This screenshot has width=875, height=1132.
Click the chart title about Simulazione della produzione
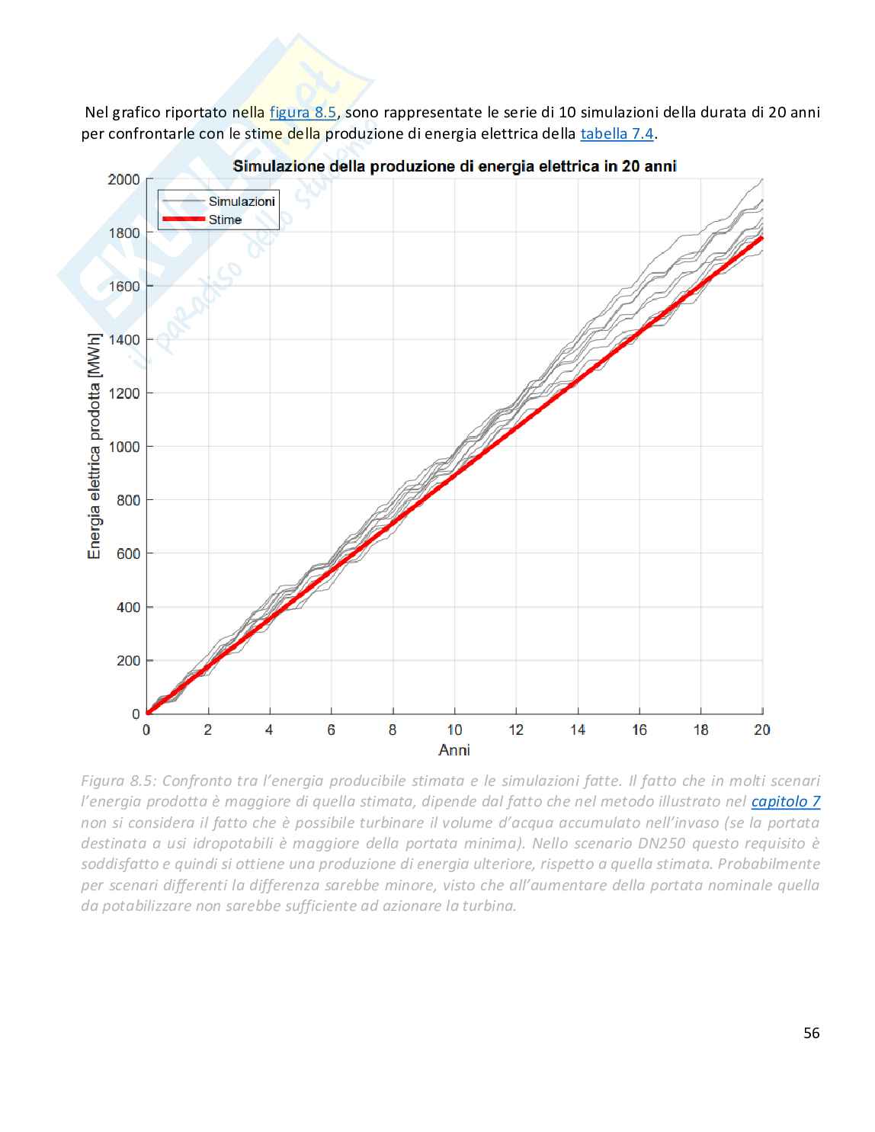click(454, 166)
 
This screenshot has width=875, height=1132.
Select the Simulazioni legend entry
click(241, 201)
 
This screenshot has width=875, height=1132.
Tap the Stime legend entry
click(225, 220)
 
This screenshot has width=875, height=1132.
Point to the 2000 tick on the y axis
click(124, 179)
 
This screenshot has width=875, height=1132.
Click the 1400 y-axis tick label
click(124, 339)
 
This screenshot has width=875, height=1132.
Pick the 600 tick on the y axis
click(128, 553)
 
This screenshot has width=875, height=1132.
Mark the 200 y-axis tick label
click(128, 661)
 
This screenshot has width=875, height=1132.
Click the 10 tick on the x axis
click(454, 730)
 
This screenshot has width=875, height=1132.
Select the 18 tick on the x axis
click(700, 730)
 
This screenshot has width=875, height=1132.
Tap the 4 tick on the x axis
click(269, 730)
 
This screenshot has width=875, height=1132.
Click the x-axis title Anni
click(454, 750)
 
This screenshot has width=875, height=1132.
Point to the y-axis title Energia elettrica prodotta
click(95, 446)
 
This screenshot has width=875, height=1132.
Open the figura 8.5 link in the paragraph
click(303, 113)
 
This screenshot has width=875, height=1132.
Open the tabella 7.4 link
click(617, 134)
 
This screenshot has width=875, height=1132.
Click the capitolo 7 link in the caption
click(785, 802)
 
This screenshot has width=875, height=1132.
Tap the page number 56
click(811, 1034)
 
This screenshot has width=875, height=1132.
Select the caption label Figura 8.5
click(117, 781)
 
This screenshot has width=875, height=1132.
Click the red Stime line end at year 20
click(761, 238)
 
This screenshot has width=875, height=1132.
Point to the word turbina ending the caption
click(489, 906)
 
